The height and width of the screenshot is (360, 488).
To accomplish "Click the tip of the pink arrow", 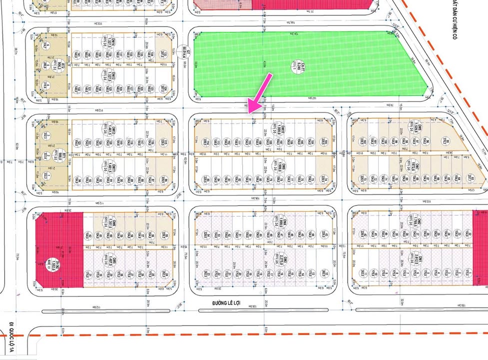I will click(249, 112).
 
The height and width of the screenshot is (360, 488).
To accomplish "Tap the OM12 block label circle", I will click(114, 130).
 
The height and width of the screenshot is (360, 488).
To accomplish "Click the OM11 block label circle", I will click(114, 167).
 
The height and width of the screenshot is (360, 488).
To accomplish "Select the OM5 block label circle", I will click(114, 263).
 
